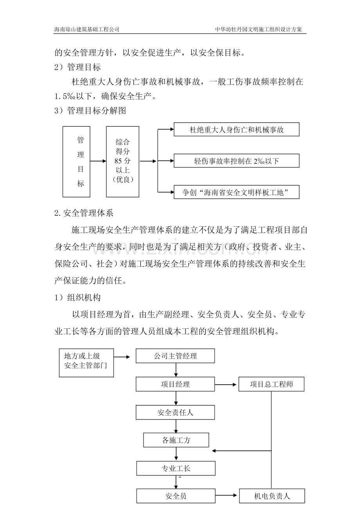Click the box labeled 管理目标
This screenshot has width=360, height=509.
click(76, 161)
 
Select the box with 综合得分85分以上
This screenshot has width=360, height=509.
click(122, 161)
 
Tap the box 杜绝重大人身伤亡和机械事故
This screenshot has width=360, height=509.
click(236, 130)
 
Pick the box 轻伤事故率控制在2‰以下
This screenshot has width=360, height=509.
click(236, 161)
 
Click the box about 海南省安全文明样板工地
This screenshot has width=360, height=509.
click(236, 192)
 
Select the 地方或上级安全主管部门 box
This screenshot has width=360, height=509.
click(86, 363)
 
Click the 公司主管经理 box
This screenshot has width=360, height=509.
click(175, 356)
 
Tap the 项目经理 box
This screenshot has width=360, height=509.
click(175, 384)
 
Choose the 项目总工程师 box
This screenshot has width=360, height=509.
click(272, 384)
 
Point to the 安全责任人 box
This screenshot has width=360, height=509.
click(175, 412)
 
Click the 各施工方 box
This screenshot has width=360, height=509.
click(176, 440)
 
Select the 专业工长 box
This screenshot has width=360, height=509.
click(176, 468)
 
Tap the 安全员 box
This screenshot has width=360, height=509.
click(176, 496)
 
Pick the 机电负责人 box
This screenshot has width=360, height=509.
click(272, 496)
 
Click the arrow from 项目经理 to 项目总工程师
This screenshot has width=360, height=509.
click(227, 384)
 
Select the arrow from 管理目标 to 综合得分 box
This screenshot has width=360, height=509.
click(98, 161)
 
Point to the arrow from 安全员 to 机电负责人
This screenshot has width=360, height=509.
click(227, 496)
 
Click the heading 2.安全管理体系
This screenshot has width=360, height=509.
click(84, 213)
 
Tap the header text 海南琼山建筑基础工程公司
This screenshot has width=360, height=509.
click(86, 29)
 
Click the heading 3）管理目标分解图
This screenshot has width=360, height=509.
click(90, 111)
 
